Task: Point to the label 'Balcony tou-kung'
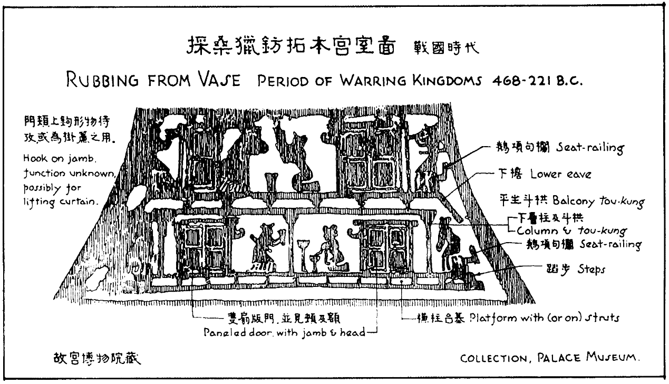tap(598, 200)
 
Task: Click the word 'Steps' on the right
tap(591, 270)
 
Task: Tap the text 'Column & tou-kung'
tap(571, 231)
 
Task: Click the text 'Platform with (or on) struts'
tap(545, 318)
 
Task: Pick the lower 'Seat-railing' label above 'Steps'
tap(610, 245)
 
